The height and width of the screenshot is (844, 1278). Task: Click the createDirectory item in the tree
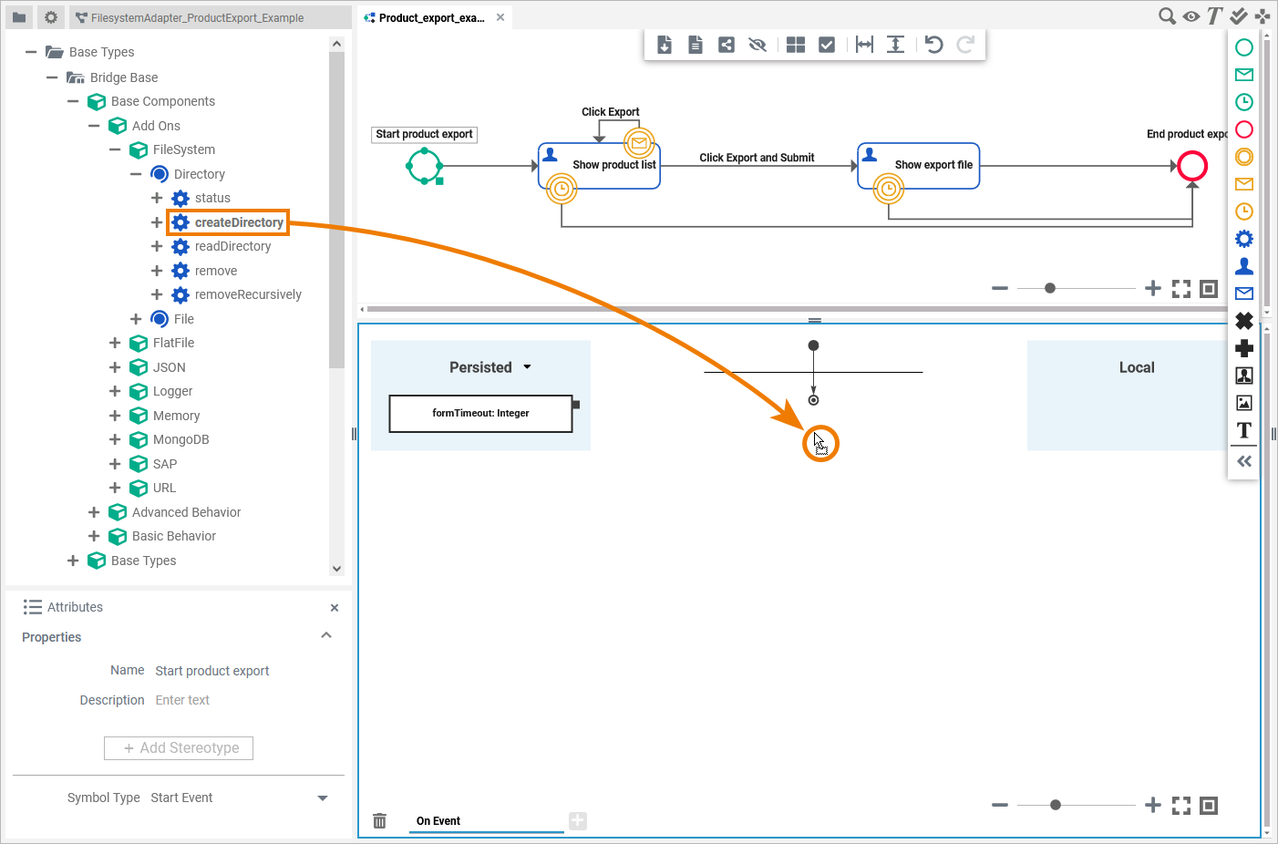(x=238, y=222)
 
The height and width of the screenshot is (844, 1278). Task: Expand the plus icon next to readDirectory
(x=157, y=246)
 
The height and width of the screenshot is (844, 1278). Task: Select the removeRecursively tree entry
(x=247, y=294)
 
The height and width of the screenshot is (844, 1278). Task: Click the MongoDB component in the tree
(x=180, y=439)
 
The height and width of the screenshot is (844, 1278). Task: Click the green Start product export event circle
(x=424, y=166)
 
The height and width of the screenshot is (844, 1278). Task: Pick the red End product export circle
(x=1192, y=166)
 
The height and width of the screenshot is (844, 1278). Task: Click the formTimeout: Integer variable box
(x=480, y=413)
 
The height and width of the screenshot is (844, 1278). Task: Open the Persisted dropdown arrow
(x=527, y=367)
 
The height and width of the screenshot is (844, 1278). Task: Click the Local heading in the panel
(x=1137, y=367)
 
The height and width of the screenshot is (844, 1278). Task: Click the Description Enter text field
(x=182, y=700)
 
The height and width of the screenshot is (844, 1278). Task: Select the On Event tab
(x=438, y=820)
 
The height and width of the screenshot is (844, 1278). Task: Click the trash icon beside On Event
(x=380, y=821)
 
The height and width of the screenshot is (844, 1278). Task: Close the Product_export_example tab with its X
(x=500, y=17)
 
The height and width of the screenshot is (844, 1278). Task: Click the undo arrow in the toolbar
(x=933, y=45)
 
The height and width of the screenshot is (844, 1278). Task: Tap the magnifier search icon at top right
(x=1166, y=16)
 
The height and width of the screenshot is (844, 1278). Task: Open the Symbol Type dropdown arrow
(x=323, y=798)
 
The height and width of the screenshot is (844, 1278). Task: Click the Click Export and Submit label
(x=757, y=158)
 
